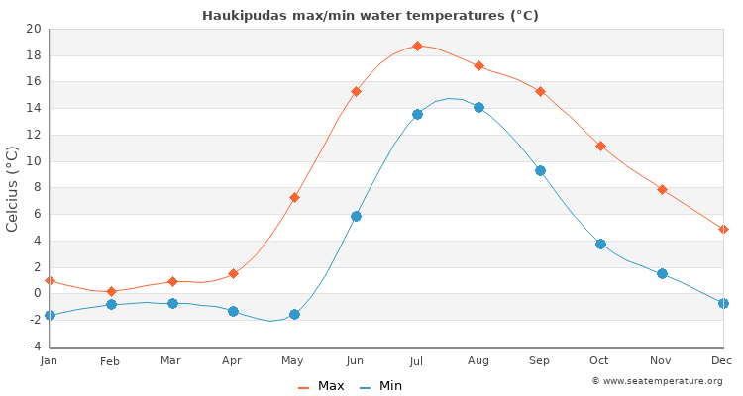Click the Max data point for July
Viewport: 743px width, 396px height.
pyautogui.click(x=417, y=46)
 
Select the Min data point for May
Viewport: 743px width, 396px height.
pyautogui.click(x=294, y=314)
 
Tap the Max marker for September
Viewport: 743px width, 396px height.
pyautogui.click(x=540, y=91)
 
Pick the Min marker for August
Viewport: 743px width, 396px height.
pyautogui.click(x=478, y=107)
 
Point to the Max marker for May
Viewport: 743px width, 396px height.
pyautogui.click(x=294, y=197)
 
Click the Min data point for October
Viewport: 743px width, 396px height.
pyautogui.click(x=600, y=244)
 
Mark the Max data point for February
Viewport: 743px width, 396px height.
pyautogui.click(x=111, y=292)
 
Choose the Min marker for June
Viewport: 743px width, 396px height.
pyautogui.click(x=356, y=216)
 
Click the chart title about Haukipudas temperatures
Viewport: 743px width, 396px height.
pyautogui.click(x=371, y=16)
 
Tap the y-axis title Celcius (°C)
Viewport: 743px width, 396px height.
pyautogui.click(x=13, y=188)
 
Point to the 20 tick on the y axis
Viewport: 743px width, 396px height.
pyautogui.click(x=33, y=29)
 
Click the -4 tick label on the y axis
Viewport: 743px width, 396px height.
pyautogui.click(x=33, y=346)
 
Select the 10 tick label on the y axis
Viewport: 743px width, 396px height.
pyautogui.click(x=33, y=161)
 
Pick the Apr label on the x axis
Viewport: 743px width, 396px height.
pyautogui.click(x=233, y=361)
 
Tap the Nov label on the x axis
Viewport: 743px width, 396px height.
pyautogui.click(x=662, y=361)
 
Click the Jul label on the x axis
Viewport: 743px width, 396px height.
pyautogui.click(x=417, y=361)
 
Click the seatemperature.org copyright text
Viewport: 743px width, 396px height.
pyautogui.click(x=657, y=381)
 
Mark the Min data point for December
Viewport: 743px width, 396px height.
pyautogui.click(x=723, y=303)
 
